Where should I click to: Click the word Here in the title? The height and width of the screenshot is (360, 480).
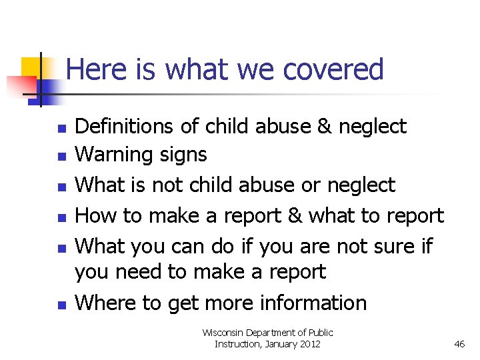pos(92,69)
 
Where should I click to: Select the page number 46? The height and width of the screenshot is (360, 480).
pos(459,344)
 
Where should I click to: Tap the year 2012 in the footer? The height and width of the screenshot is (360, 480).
pos(309,344)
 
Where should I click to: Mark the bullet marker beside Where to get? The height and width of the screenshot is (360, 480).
pos(61,305)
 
